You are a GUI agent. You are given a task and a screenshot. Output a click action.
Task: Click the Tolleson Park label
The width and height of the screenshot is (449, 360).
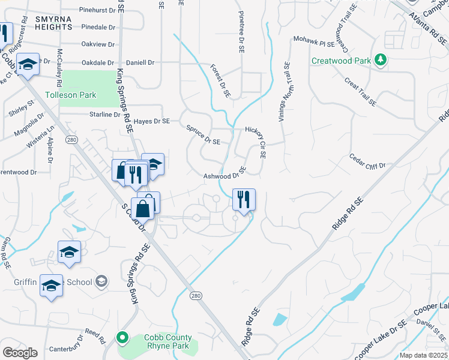[70, 95]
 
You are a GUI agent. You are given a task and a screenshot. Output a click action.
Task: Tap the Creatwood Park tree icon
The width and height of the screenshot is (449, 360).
[379, 60]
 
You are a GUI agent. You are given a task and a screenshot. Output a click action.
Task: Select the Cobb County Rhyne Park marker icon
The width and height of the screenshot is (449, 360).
[123, 338]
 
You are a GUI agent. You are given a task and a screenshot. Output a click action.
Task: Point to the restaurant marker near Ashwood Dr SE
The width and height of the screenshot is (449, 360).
[244, 200]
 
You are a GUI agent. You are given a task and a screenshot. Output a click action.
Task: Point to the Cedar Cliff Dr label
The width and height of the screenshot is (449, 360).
[367, 160]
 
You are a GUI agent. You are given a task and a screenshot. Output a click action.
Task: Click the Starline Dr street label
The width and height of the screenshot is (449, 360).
[104, 115]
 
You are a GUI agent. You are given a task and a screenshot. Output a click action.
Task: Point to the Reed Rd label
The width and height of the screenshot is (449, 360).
[95, 332]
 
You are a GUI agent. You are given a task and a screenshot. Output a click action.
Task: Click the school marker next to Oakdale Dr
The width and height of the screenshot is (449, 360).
[28, 64]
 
